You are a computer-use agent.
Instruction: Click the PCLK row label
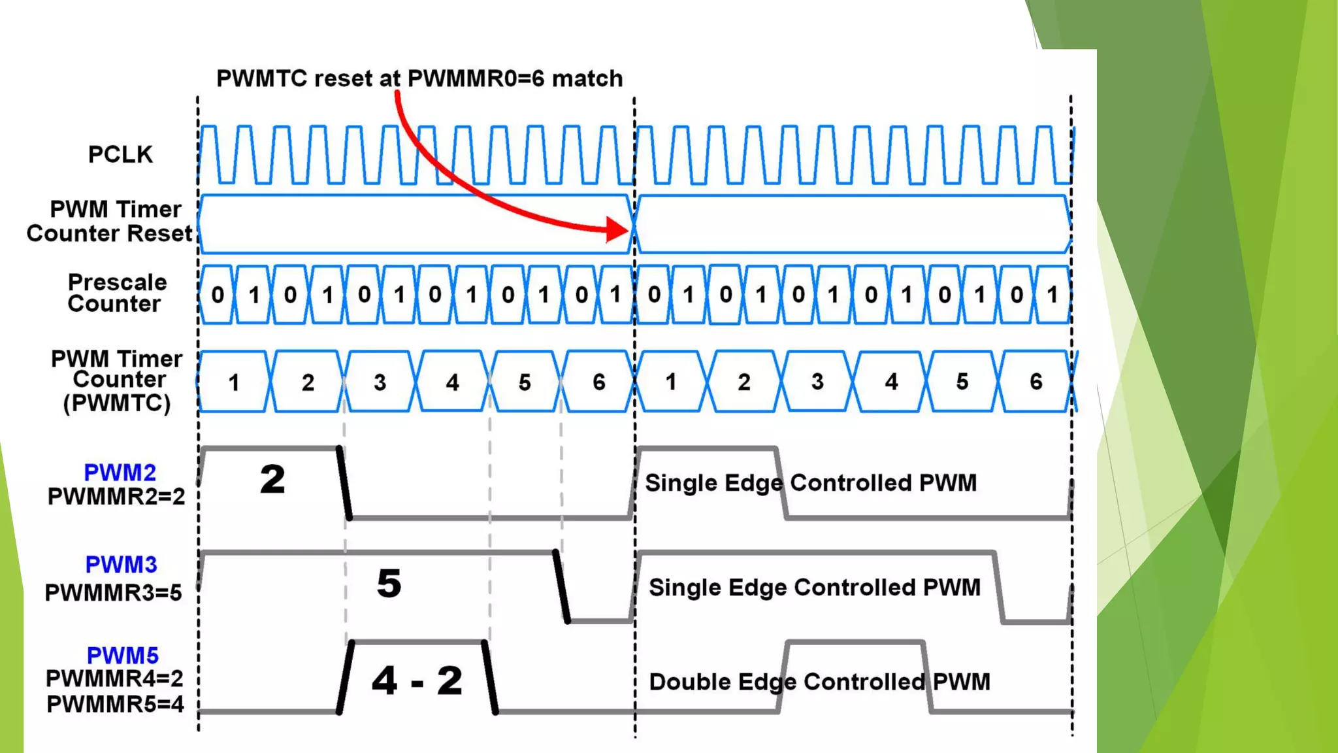click(120, 155)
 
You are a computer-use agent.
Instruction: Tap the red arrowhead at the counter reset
click(617, 229)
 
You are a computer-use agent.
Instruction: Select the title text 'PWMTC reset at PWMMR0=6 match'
click(419, 78)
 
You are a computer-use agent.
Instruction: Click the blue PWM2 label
click(120, 473)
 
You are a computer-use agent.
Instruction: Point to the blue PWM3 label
click(121, 565)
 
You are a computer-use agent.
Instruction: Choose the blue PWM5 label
click(122, 656)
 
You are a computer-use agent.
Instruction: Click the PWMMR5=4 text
click(115, 705)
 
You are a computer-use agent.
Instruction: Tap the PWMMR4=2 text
click(114, 679)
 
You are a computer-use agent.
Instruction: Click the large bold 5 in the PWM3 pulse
click(389, 584)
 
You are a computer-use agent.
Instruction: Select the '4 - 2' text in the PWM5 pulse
click(417, 680)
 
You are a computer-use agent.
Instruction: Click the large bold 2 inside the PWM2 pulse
click(272, 479)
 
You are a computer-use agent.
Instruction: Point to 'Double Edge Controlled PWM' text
click(819, 682)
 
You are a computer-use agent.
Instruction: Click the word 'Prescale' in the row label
click(118, 282)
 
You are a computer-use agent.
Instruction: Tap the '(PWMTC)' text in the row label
click(117, 403)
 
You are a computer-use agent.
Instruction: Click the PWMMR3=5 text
click(113, 593)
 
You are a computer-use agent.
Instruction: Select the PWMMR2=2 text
click(116, 497)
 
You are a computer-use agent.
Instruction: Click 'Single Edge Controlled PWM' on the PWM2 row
click(811, 483)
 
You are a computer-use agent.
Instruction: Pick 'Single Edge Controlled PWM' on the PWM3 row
click(814, 588)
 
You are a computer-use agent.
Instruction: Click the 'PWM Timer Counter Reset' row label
click(110, 222)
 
